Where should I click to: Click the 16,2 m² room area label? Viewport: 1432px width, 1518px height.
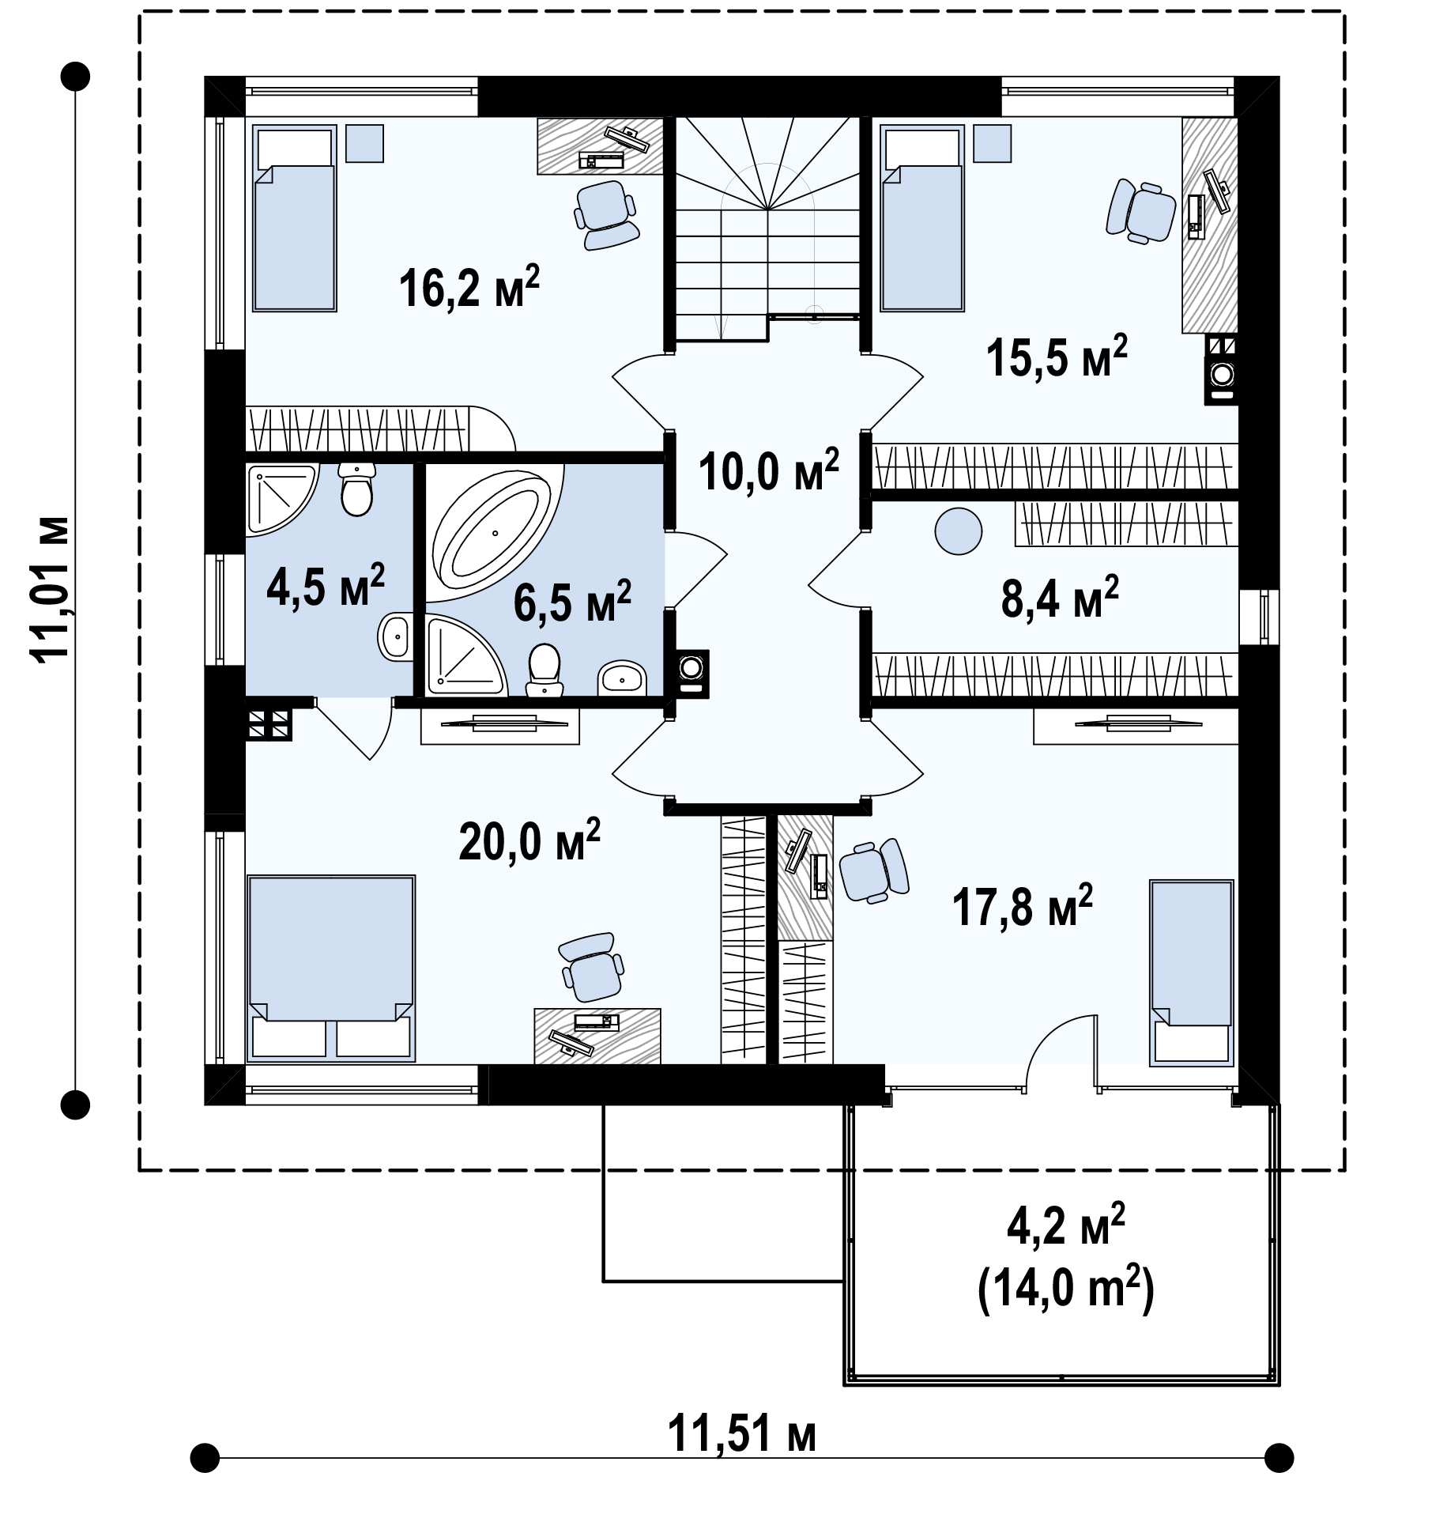pos(469,287)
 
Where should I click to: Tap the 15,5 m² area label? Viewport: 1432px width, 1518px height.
pos(1057,357)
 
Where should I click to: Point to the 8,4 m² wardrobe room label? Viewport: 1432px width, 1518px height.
pos(1060,598)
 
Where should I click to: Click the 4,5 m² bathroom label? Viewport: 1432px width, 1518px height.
pos(326,586)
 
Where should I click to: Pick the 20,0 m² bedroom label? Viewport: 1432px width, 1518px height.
pos(529,840)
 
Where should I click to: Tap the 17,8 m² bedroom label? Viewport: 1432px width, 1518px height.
pos(1023,906)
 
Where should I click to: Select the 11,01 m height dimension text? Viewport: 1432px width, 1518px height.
pos(49,587)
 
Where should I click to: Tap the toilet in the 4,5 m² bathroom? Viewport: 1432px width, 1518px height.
pos(357,489)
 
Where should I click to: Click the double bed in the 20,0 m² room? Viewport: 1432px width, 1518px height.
pos(331,968)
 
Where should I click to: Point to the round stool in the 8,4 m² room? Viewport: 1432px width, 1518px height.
pos(959,531)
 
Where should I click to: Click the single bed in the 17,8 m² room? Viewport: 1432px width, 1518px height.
pos(1192,972)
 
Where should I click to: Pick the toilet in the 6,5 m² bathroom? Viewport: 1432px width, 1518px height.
pos(544,670)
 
